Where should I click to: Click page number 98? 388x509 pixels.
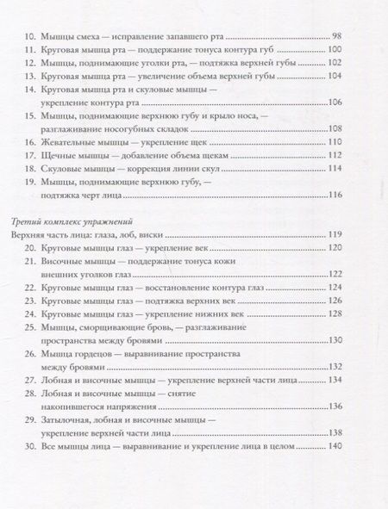[x=338, y=37]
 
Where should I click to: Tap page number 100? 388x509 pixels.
[x=335, y=54]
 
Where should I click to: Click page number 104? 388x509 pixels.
[x=335, y=87]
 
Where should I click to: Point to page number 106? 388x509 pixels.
[x=335, y=120]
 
